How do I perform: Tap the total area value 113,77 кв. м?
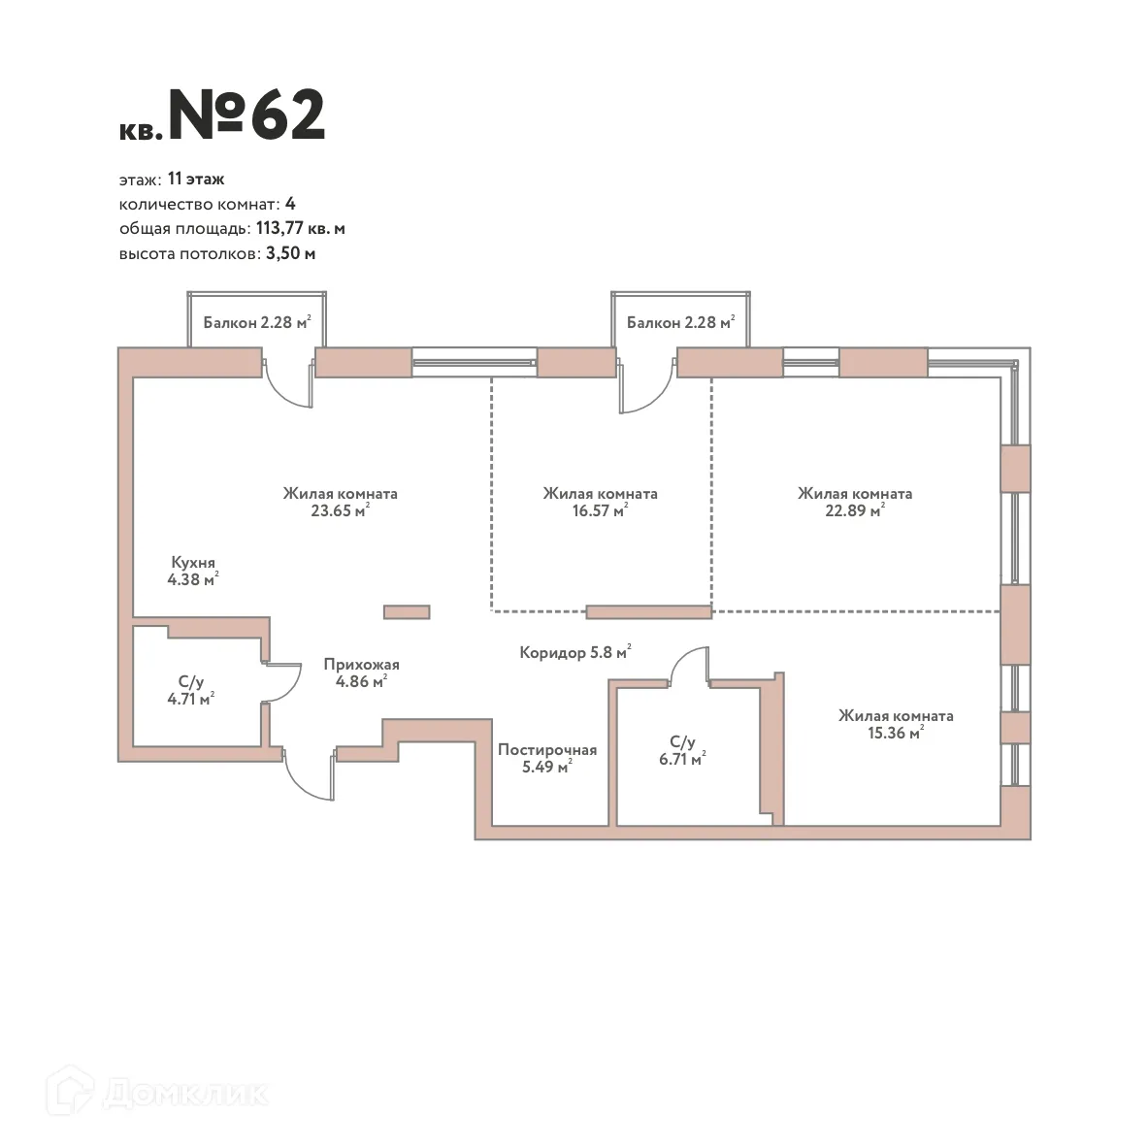(300, 229)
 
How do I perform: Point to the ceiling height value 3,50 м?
(290, 254)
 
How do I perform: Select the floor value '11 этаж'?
(196, 179)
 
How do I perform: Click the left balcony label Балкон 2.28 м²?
(256, 322)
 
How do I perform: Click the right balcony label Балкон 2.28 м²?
(679, 322)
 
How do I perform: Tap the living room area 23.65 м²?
(340, 510)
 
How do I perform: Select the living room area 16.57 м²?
(599, 510)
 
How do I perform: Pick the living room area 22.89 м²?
(854, 510)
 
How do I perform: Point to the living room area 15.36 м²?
(894, 734)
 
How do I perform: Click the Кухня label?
(193, 562)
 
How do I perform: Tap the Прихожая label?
(361, 665)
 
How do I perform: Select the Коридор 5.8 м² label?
(574, 652)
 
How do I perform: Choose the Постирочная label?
(546, 750)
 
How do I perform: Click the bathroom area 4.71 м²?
(190, 698)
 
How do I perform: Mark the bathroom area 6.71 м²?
(681, 760)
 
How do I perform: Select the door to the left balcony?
(289, 384)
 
